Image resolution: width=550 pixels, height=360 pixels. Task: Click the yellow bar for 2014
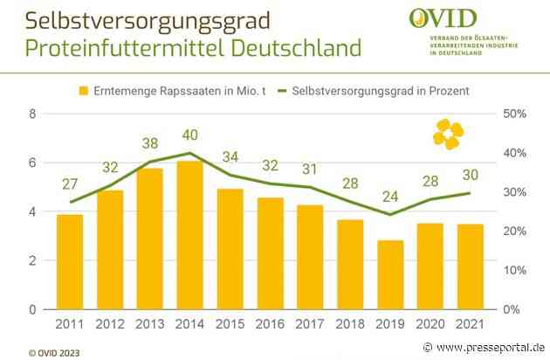coord(190,235)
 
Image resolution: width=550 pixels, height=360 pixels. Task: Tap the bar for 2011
coord(70,261)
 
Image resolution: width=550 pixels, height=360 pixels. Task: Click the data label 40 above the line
coord(190,135)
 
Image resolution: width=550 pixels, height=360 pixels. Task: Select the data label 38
coord(150,144)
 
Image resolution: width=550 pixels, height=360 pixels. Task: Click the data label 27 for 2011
coord(70,184)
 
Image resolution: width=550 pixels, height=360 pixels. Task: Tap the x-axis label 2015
coord(230,326)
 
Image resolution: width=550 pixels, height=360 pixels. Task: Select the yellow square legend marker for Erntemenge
coord(85,91)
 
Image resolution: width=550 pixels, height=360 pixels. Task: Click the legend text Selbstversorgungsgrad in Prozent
coord(376,91)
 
